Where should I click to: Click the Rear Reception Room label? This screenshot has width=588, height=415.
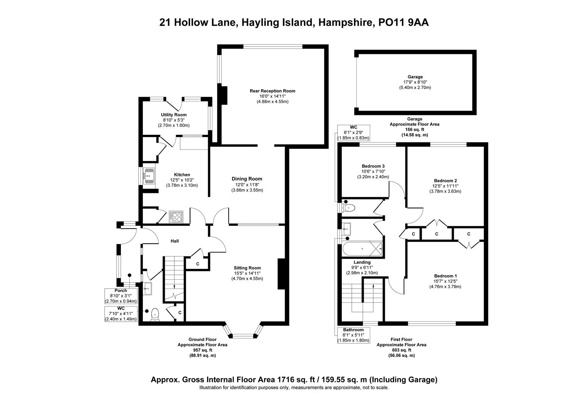[x=272, y=91]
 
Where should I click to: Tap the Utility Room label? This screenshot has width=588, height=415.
[x=174, y=115]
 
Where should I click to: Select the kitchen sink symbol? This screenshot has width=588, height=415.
[x=149, y=175]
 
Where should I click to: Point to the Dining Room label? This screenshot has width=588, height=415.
[x=247, y=179]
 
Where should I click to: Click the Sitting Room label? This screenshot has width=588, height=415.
[x=247, y=268]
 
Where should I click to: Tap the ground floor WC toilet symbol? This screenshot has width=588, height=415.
[x=155, y=314]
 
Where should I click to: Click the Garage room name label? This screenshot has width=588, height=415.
[x=415, y=77]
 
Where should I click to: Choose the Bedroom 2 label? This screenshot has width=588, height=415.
[x=445, y=181]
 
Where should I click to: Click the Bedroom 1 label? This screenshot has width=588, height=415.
[x=445, y=276]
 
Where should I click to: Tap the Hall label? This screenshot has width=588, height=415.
[x=175, y=241]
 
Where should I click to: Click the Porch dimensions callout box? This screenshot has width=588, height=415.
[x=121, y=296]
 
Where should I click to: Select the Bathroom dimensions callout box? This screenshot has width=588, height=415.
[x=353, y=335]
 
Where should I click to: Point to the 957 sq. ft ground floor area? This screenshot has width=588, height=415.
[x=202, y=350]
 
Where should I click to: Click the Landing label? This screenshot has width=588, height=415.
[x=362, y=262]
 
